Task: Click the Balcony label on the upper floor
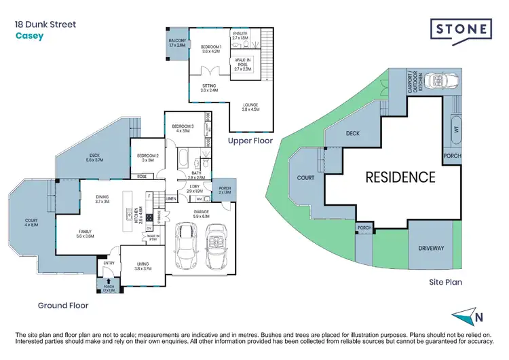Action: coord(176,43)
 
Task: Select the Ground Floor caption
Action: coord(62,305)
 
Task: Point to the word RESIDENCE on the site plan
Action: coord(400,177)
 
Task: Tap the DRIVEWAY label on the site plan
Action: coord(430,248)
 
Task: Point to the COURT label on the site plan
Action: coord(305,178)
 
